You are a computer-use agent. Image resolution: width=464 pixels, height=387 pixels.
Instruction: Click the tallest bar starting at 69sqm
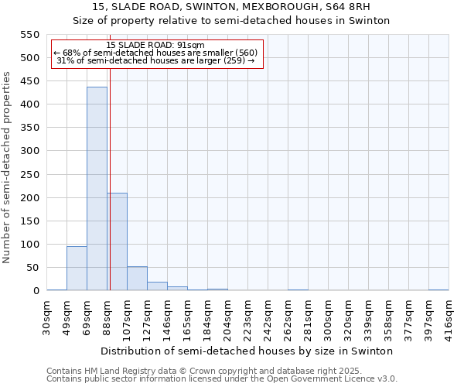point(97,189)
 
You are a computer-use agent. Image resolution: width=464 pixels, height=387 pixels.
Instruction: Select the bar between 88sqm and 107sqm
point(117,241)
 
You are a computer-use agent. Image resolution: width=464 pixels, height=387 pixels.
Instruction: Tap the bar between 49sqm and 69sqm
point(77,268)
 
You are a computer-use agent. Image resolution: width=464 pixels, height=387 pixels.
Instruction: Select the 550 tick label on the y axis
point(29,35)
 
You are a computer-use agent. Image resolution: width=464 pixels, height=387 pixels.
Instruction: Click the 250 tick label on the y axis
point(29,174)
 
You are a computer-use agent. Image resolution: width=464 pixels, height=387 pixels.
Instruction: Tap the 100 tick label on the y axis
point(29,245)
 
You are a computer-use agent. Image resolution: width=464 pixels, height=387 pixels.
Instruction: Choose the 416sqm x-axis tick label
point(449,317)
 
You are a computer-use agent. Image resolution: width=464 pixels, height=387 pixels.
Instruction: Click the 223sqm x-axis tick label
point(247,317)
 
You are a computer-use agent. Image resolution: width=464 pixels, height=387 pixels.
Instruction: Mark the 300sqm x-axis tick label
point(328,317)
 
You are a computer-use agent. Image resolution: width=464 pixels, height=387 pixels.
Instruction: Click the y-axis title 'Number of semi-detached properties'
point(7,167)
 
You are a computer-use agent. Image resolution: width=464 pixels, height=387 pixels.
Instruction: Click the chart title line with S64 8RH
point(231,7)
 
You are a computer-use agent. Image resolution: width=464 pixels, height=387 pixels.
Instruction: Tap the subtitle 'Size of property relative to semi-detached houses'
point(231,21)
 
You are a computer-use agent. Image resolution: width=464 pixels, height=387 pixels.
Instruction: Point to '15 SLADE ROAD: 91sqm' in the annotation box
point(155,45)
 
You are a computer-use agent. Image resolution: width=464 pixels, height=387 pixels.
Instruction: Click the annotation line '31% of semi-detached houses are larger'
point(155,60)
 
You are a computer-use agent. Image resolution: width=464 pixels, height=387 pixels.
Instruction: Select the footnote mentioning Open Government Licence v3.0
point(222,378)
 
